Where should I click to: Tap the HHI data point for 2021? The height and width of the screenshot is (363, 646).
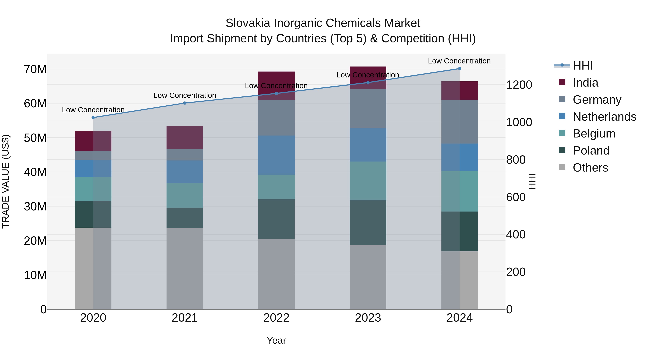point(185,103)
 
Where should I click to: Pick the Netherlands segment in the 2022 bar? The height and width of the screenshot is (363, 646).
point(276,155)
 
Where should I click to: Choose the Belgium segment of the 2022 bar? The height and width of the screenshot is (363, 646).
point(276,187)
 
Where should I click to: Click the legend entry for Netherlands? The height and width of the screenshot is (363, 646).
point(604,117)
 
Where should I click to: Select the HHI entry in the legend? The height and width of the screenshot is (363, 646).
point(582,66)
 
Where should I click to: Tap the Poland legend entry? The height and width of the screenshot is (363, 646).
point(591,151)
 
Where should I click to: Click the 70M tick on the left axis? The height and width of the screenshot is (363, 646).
point(35,69)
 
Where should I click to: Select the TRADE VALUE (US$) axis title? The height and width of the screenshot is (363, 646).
point(6,181)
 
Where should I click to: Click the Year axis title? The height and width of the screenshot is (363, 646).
point(276,340)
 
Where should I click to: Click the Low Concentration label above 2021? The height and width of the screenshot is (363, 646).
point(185,95)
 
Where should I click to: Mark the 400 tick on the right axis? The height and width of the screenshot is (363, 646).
point(516,234)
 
